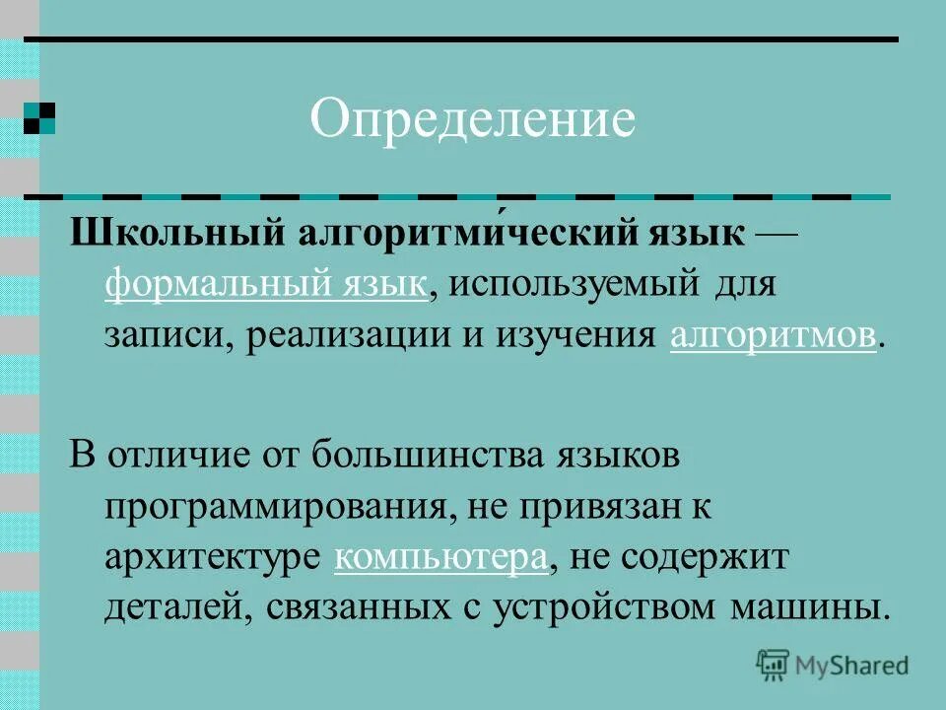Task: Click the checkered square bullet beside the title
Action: tap(39, 117)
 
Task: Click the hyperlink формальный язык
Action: tap(266, 286)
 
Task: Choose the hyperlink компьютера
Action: tap(440, 557)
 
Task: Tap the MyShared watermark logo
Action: tap(833, 666)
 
